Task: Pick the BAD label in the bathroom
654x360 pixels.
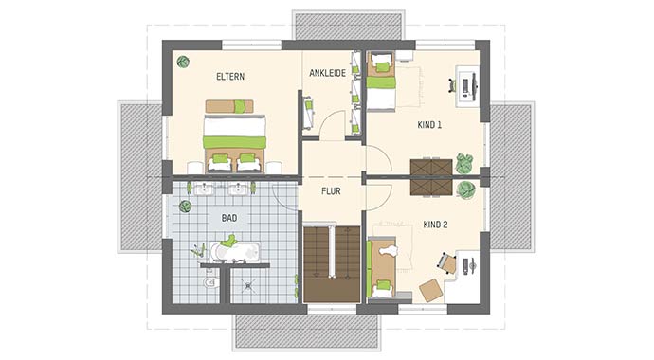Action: click(x=229, y=217)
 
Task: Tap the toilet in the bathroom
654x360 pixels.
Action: click(x=210, y=282)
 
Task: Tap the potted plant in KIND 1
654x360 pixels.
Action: click(x=464, y=162)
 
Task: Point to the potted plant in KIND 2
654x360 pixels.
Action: click(x=465, y=190)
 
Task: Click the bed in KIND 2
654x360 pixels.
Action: click(x=383, y=266)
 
